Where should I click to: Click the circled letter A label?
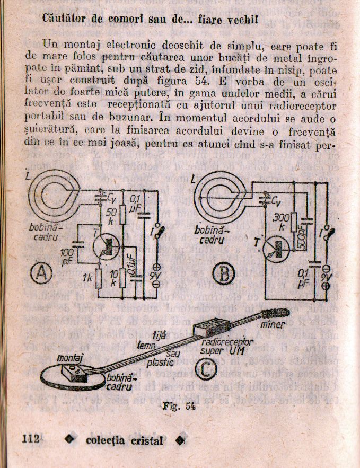point(42,273)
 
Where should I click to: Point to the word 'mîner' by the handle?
point(273,324)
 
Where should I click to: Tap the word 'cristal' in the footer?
point(144,440)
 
